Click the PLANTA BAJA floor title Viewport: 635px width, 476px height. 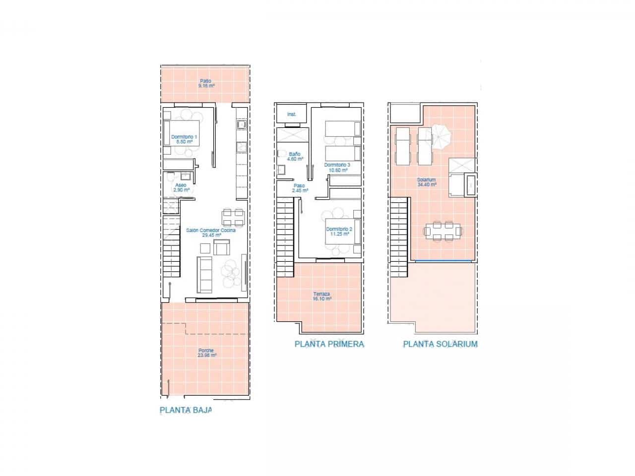tap(186, 410)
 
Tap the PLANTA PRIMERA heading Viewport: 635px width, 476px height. tap(329, 344)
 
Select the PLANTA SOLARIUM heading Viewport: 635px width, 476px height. tap(440, 344)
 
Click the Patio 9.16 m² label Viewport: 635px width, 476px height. tap(205, 83)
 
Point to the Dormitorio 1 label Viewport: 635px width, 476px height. tap(184, 139)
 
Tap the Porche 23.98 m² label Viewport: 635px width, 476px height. tap(207, 353)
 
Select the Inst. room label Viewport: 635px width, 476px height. tap(292, 115)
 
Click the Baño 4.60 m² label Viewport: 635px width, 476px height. tap(295, 156)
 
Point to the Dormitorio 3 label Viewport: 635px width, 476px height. tap(337, 167)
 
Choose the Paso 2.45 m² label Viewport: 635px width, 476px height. tap(300, 188)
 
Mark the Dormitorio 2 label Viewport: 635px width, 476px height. tap(339, 232)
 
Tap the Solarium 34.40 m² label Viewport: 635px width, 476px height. tap(426, 182)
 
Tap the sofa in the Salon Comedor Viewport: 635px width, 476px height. tap(205, 274)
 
